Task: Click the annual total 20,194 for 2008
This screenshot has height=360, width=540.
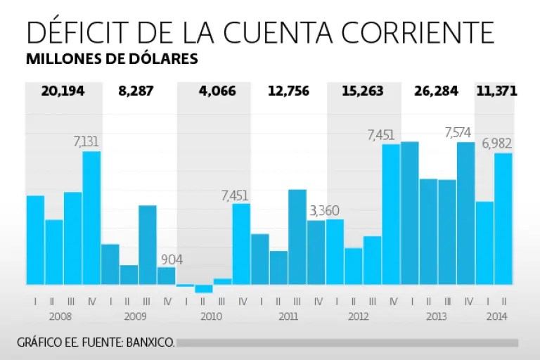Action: (x=63, y=91)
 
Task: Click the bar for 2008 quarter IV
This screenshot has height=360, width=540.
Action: (x=91, y=218)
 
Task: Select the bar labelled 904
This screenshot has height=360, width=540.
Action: (x=167, y=276)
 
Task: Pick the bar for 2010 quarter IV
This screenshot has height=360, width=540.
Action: (x=241, y=244)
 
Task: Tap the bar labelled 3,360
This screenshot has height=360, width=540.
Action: (x=316, y=252)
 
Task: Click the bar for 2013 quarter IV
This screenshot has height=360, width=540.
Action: (x=465, y=213)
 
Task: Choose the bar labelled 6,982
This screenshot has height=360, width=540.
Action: (x=503, y=219)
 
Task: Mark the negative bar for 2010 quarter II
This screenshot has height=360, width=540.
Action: (x=204, y=288)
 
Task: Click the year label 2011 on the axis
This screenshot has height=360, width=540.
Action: (x=288, y=316)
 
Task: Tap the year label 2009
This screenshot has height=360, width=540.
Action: (x=136, y=316)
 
